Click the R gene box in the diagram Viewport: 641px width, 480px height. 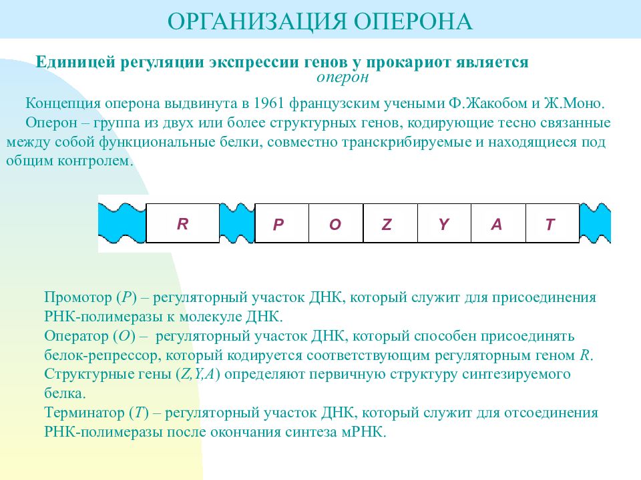[x=182, y=223]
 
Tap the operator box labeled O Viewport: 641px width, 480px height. [x=336, y=223]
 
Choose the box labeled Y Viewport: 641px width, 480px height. [x=444, y=223]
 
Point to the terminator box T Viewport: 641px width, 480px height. [x=552, y=223]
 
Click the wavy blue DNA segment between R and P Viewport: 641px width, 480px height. [x=237, y=223]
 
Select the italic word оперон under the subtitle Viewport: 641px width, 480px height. [x=343, y=77]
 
